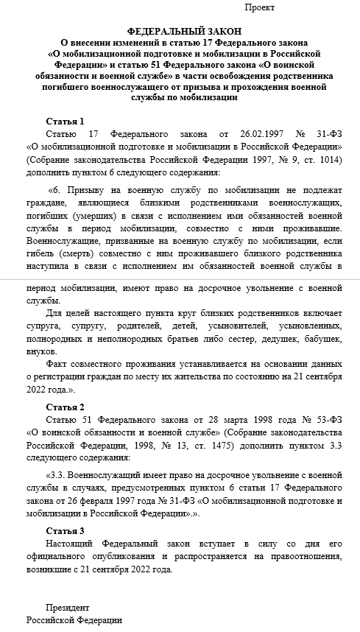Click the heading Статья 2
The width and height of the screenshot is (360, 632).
click(66, 407)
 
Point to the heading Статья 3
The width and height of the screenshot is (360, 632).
click(66, 531)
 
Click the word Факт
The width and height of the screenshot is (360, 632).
click(57, 385)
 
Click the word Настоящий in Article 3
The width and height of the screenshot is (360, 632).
click(71, 546)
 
